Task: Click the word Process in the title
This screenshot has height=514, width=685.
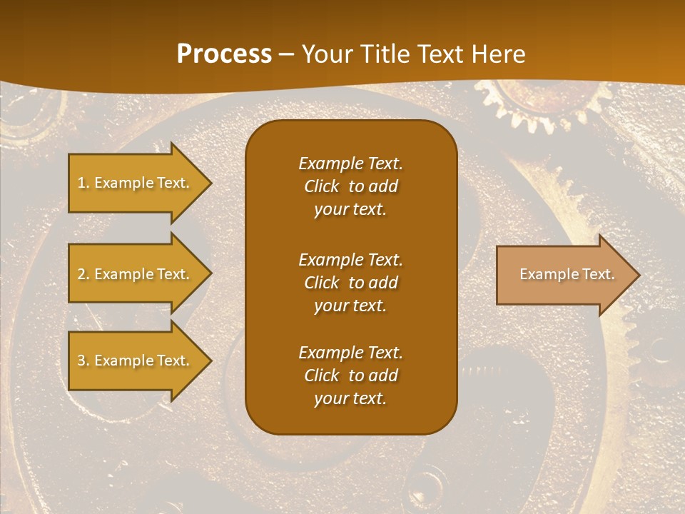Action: coord(224,54)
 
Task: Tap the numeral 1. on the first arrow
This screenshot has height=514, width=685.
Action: coord(83,183)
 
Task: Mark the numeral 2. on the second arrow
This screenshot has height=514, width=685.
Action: coord(83,274)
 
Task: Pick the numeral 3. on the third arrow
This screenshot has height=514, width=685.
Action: coord(83,361)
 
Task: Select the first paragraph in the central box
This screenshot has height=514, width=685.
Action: coord(350,186)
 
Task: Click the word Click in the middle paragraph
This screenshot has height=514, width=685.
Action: coord(322,283)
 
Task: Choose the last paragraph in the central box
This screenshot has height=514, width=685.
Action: coord(350,376)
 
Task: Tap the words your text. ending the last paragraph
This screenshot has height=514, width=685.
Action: coord(350,399)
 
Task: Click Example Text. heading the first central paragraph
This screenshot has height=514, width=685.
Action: coord(350,163)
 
